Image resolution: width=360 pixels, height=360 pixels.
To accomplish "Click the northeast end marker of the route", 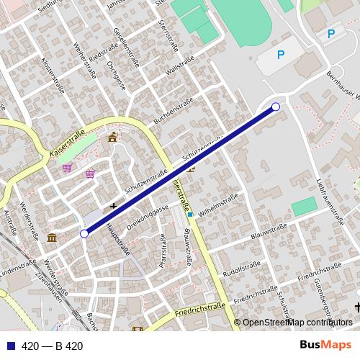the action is click(x=275, y=107).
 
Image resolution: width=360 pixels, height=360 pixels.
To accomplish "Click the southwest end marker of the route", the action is click(x=84, y=233).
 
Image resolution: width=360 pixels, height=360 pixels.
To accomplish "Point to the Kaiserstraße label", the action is click(x=68, y=143).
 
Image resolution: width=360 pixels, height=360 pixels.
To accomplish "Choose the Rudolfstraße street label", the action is click(x=241, y=269).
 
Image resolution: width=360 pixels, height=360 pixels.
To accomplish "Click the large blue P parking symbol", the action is click(x=281, y=54).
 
